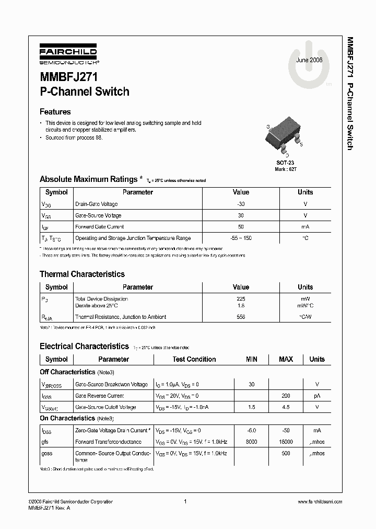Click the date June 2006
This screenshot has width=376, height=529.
pyautogui.click(x=309, y=60)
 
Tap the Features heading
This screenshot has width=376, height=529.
pyautogui.click(x=55, y=111)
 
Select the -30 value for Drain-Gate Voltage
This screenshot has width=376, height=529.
pyautogui.click(x=241, y=204)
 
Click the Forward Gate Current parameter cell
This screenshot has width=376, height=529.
pyautogui.click(x=100, y=227)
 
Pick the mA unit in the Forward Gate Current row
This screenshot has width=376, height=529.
pyautogui.click(x=305, y=227)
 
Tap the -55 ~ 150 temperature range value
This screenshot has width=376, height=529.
pyautogui.click(x=241, y=238)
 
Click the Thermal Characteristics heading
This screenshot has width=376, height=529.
pyautogui.click(x=82, y=274)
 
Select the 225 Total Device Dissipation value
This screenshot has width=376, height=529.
pyautogui.click(x=241, y=299)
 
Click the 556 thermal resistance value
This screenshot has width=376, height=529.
pyautogui.click(x=241, y=317)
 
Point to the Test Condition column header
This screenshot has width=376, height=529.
pyautogui.click(x=194, y=359)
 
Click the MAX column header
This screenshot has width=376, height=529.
pyautogui.click(x=286, y=359)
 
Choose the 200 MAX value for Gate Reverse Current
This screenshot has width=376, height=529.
pyautogui.click(x=286, y=396)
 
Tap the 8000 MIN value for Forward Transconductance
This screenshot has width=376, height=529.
pyautogui.click(x=251, y=442)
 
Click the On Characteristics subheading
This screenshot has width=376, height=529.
pyautogui.click(x=67, y=418)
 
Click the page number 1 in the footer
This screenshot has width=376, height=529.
pyautogui.click(x=185, y=502)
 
